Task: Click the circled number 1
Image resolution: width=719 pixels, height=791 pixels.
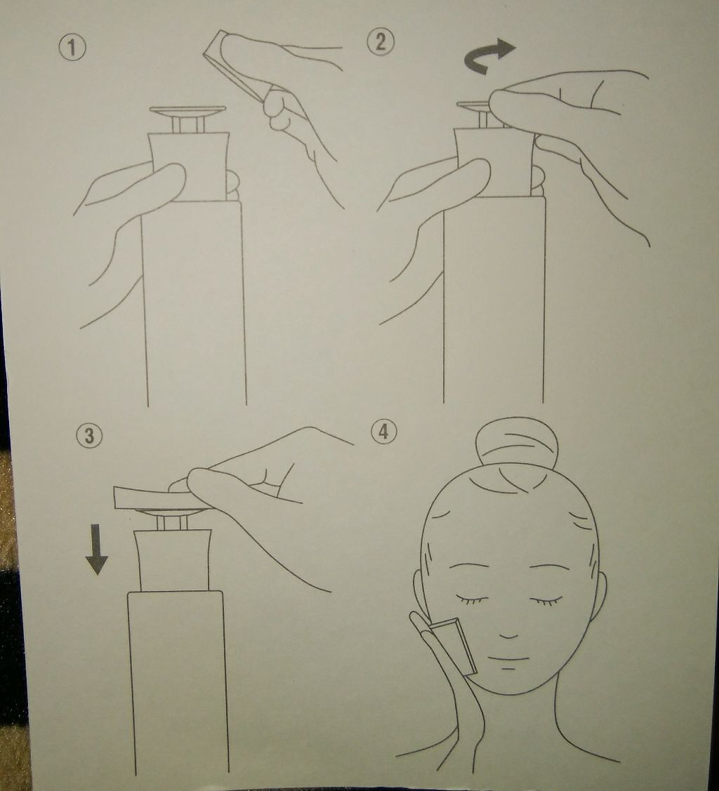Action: pos(72,48)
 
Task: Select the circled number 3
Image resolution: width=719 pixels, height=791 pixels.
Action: pos(89,435)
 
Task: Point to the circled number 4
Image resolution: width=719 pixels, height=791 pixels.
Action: pos(384,432)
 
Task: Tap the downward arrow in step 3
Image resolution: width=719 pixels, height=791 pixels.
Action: pos(96,549)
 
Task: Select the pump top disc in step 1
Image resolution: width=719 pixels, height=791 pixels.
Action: pos(187,110)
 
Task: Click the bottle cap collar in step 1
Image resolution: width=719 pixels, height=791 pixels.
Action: pos(190,166)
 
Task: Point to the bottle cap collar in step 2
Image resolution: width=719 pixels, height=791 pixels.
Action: pos(494,161)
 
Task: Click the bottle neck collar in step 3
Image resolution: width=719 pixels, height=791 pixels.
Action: pos(173,559)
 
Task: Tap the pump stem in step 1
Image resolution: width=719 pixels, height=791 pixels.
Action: pos(187,125)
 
